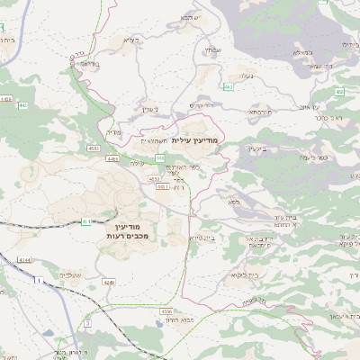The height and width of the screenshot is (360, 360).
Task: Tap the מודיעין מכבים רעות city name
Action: [132, 230]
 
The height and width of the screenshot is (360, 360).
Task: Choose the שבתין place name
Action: [212, 49]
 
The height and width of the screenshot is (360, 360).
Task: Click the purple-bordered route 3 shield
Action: [87, 321]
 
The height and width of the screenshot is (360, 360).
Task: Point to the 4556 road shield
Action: [168, 310]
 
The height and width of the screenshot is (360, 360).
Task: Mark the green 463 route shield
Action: [229, 86]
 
